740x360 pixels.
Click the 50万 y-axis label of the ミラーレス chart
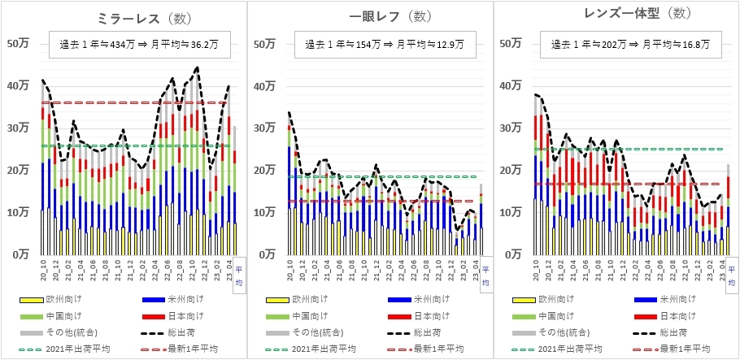point(20,44)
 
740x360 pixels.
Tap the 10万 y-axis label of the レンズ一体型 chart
point(511,213)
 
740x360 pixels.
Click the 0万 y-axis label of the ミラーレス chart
point(23,255)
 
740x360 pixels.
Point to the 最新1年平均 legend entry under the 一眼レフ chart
point(439,349)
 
